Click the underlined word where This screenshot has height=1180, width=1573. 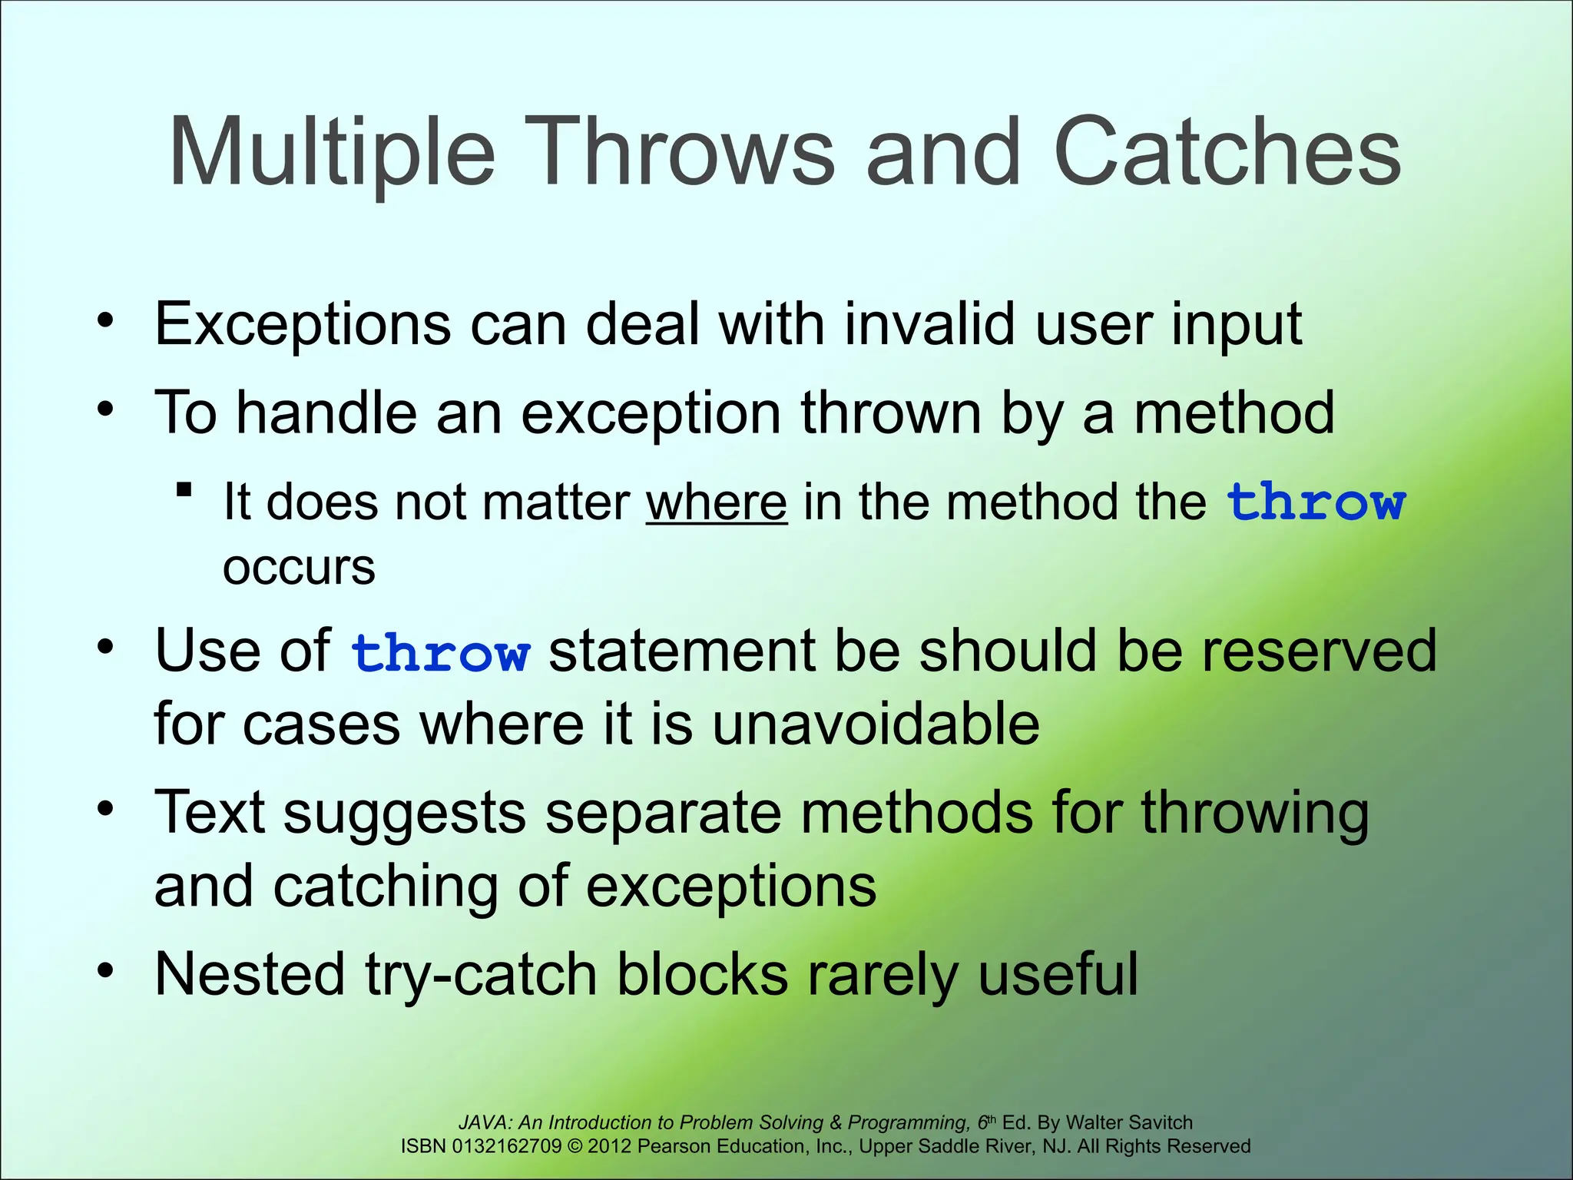716,502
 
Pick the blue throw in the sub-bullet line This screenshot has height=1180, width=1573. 1316,502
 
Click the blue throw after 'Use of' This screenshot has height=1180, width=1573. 440,653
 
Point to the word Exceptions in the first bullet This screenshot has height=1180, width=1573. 303,324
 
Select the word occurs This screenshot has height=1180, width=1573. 299,568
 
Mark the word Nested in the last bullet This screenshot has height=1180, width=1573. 250,974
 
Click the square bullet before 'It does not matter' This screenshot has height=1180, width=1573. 184,489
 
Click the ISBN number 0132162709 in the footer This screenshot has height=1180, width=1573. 507,1146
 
